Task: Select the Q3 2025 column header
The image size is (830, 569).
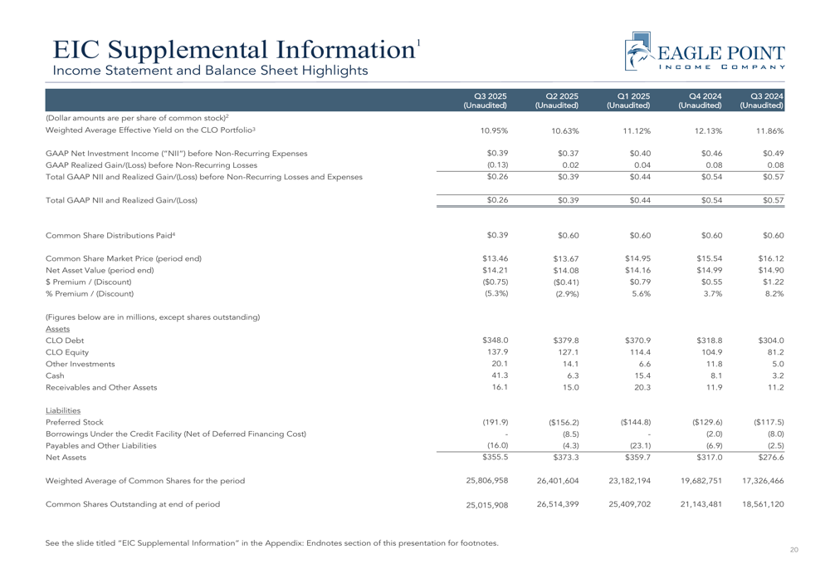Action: tap(491, 101)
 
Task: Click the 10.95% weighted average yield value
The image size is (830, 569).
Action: tap(495, 131)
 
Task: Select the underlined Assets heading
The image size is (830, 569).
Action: tap(57, 328)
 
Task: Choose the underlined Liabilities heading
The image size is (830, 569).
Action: tap(64, 410)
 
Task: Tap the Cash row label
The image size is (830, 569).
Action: tap(56, 375)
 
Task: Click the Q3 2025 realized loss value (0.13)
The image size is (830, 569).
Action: tap(496, 164)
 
